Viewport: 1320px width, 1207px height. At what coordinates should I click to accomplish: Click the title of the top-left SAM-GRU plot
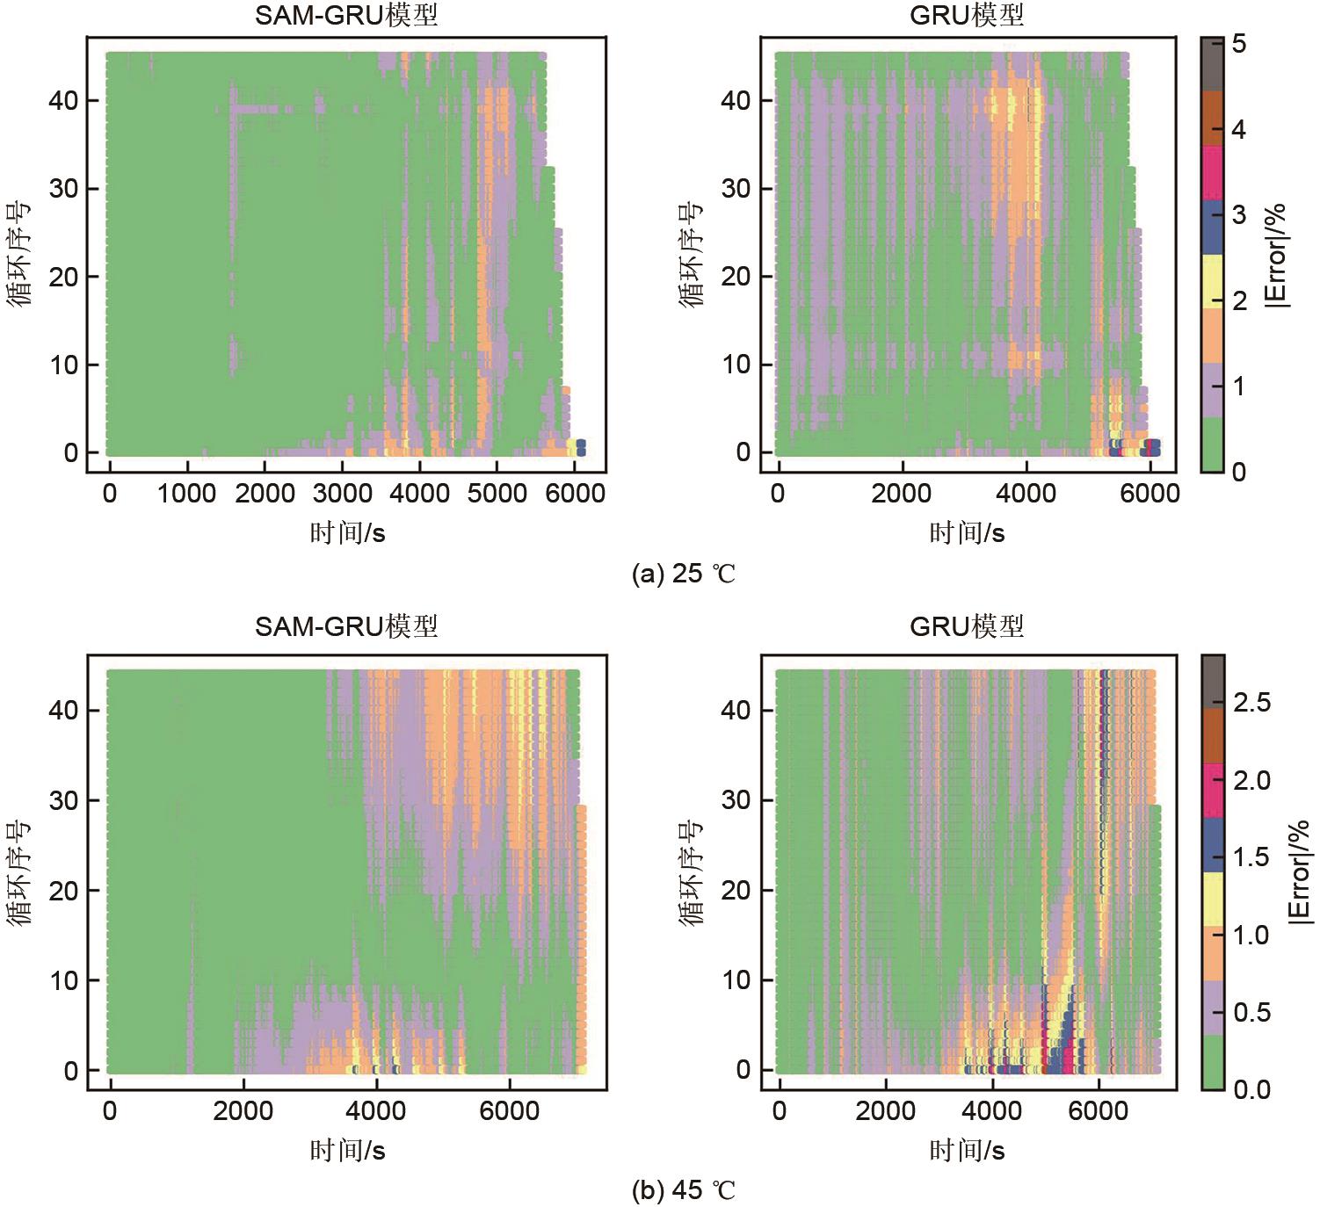(345, 15)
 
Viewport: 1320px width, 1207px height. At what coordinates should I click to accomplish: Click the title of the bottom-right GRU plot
(967, 626)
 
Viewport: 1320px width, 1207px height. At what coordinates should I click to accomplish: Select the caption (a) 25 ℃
(683, 574)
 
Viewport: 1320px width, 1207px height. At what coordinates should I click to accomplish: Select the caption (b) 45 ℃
(683, 1190)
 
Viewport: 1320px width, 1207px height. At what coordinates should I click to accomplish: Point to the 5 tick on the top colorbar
(1238, 43)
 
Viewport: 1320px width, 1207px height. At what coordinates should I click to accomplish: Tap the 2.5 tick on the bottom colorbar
(1251, 703)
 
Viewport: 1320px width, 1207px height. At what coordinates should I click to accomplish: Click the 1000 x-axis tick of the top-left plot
(186, 494)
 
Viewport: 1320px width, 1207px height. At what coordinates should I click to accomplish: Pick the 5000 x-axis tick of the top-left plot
(497, 494)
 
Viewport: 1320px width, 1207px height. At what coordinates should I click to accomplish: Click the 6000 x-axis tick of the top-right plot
(1150, 494)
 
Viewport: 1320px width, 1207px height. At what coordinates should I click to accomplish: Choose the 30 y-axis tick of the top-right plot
(736, 189)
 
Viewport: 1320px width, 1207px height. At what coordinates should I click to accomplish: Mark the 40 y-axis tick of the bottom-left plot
(63, 710)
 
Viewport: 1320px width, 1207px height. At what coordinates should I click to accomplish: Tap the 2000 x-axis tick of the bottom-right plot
(886, 1110)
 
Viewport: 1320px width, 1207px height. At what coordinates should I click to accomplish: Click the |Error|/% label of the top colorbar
(1276, 255)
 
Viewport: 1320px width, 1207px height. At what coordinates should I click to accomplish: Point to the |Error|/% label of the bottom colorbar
(1299, 871)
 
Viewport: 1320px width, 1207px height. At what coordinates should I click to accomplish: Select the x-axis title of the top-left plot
(347, 532)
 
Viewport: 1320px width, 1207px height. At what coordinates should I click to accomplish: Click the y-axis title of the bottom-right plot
(692, 871)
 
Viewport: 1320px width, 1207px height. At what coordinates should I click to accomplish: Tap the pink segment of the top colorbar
(1212, 172)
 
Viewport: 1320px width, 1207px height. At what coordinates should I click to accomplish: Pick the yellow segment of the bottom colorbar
(1212, 899)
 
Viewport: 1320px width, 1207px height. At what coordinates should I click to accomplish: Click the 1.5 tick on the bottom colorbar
(1251, 857)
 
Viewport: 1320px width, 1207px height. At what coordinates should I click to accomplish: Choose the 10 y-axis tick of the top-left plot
(63, 365)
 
